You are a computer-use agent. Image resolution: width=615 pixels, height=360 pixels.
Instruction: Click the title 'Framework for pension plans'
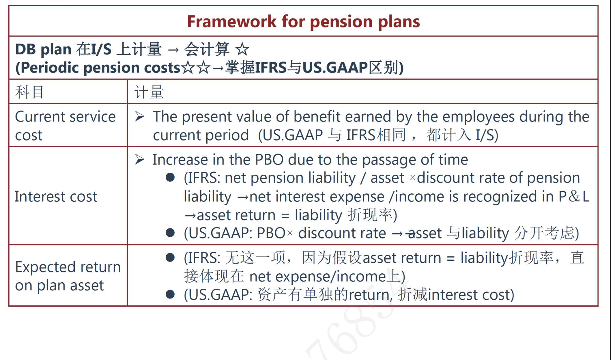[304, 22]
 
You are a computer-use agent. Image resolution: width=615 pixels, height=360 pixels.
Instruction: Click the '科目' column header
[30, 92]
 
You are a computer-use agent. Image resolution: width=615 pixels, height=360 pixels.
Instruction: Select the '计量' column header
[149, 92]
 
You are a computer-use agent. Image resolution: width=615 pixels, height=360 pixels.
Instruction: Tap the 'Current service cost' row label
[65, 126]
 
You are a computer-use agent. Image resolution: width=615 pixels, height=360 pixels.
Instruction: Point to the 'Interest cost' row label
[56, 196]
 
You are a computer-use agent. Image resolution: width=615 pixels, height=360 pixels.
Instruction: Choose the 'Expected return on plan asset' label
[68, 276]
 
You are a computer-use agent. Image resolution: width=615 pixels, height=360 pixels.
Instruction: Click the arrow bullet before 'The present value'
[140, 117]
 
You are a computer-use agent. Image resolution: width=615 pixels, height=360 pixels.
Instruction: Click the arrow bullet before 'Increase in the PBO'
[140, 160]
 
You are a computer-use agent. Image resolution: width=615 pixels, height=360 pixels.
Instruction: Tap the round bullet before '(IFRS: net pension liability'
[170, 177]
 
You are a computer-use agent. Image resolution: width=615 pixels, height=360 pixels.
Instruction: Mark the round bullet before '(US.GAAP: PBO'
[170, 233]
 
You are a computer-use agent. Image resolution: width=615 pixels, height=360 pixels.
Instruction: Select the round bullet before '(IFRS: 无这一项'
[170, 257]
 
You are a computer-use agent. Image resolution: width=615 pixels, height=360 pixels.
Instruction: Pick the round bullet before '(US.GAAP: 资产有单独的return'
[170, 294]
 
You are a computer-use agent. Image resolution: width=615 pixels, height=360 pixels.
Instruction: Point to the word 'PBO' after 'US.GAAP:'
[271, 233]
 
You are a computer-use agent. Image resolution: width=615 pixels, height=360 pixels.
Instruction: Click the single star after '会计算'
[242, 49]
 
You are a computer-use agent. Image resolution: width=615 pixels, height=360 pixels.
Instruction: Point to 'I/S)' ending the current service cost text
[487, 135]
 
